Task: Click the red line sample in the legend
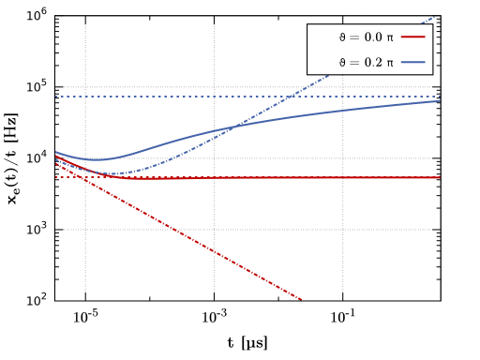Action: [413, 37]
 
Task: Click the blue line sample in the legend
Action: [413, 63]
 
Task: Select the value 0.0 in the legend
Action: [373, 37]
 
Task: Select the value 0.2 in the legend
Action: [373, 63]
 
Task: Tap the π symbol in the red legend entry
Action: [390, 37]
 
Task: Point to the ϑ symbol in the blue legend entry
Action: [342, 63]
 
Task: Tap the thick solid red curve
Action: [281, 177]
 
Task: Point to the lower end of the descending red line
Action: [300, 298]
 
